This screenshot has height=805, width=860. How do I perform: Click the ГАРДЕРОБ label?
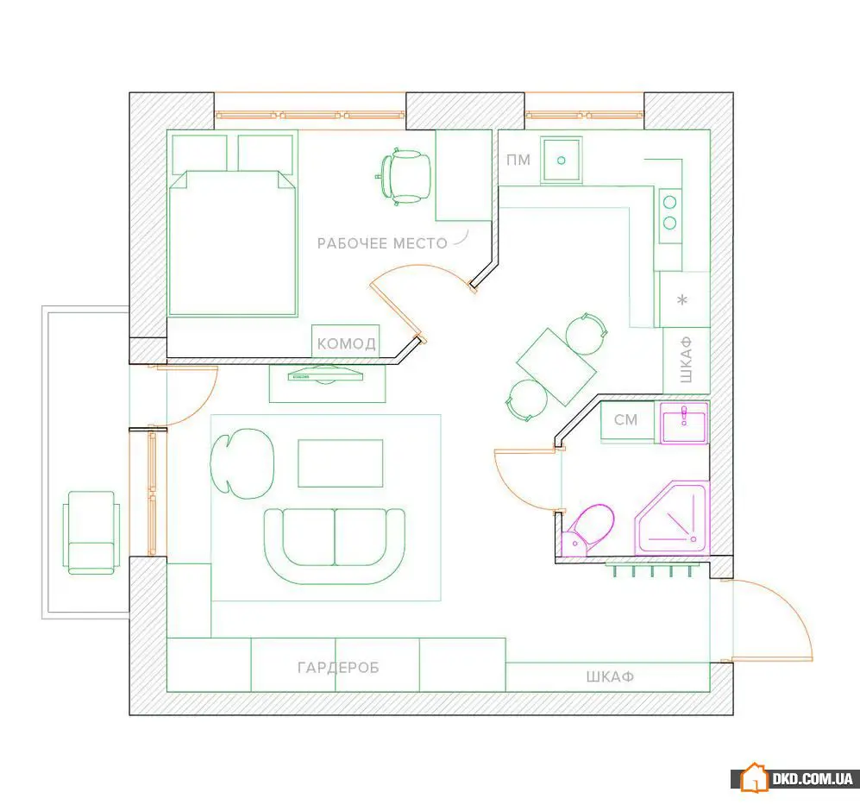pos(338,667)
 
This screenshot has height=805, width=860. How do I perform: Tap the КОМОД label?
pos(347,343)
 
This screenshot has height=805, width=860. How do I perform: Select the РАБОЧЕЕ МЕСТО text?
pos(382,243)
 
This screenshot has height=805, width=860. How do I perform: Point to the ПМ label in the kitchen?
pos(518,160)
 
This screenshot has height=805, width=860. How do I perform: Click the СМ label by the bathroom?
pos(625,420)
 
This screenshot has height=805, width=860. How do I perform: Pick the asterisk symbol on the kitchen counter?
pos(682,300)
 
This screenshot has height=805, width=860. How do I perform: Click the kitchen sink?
pos(561,160)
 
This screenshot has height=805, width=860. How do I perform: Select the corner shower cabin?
pos(673,519)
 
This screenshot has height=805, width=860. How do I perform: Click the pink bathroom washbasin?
pos(684,423)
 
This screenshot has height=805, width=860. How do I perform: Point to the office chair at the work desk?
pos(404,177)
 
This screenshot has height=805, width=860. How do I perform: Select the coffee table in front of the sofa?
pos(341,463)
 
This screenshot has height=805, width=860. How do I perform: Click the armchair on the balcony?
pos(91,532)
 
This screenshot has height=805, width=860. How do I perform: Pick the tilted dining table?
pos(556,367)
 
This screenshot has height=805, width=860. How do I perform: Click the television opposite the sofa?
pos(325,375)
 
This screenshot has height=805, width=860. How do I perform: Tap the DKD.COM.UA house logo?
pos(755,777)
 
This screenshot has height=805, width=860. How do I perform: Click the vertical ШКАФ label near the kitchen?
pos(686,360)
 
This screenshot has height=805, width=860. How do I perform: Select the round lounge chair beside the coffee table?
pos(242,463)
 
